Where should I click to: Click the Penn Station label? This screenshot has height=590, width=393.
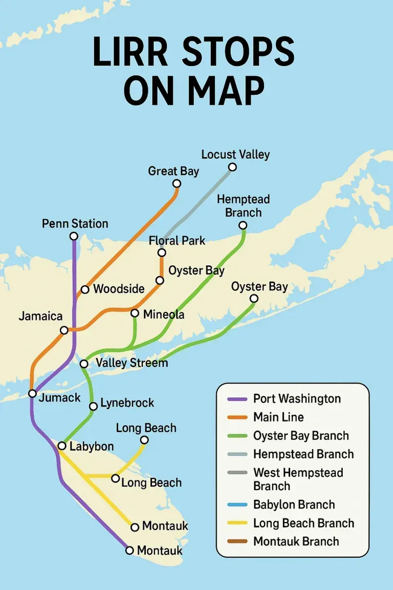(75, 224)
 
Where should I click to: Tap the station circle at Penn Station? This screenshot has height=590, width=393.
(74, 236)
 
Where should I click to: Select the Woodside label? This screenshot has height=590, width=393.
(119, 289)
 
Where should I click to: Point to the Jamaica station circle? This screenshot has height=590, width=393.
(64, 330)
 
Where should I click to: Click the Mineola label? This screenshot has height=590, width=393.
(163, 314)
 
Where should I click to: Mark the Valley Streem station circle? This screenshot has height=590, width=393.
(84, 364)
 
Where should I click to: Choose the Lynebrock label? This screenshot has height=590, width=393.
(127, 403)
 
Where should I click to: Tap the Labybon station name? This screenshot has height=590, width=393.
(91, 447)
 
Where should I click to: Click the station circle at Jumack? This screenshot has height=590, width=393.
(32, 393)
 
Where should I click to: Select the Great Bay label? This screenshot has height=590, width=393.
(173, 171)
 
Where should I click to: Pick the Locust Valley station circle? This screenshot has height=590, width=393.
(232, 167)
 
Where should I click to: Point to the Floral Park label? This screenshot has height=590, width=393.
(177, 240)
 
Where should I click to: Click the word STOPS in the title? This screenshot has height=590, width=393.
(238, 53)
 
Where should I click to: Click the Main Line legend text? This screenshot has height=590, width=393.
(278, 417)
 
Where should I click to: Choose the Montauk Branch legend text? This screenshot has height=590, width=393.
(296, 541)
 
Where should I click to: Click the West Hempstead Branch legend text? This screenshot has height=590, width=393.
(298, 479)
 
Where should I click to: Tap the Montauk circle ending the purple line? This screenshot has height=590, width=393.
(129, 550)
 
